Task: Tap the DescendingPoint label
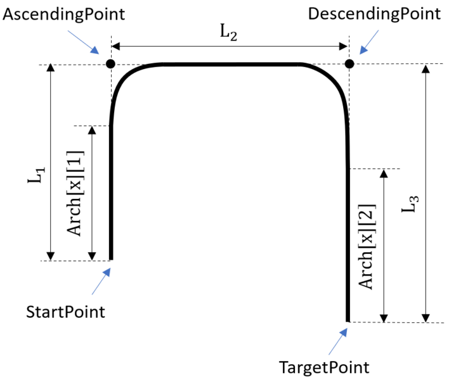tap(374, 14)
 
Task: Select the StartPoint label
tap(65, 312)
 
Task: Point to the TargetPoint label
tap(324, 367)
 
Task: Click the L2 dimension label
tap(229, 34)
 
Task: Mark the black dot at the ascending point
tap(110, 64)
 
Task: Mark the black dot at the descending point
tap(349, 63)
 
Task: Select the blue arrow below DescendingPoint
tap(368, 43)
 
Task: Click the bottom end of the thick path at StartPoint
tap(111, 258)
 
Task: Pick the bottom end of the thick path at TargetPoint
tap(348, 320)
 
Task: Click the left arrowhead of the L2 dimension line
tap(116, 46)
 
